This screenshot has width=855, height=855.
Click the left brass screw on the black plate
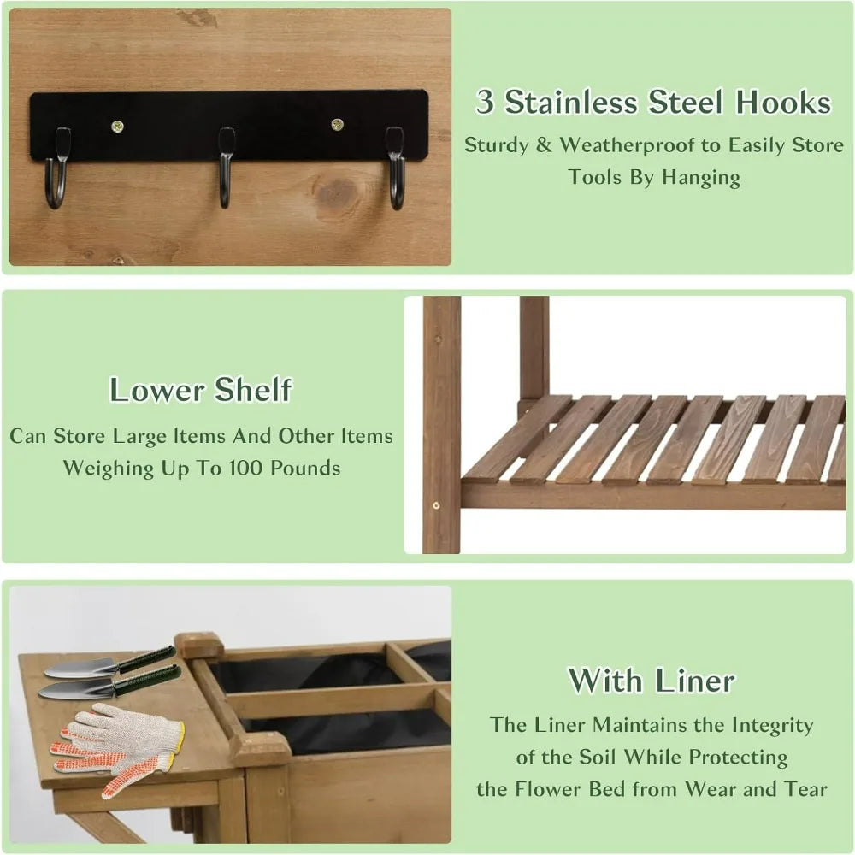(x=117, y=127)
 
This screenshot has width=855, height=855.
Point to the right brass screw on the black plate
(x=337, y=125)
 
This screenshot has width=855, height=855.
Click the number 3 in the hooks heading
(x=486, y=103)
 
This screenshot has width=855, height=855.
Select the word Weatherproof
(x=628, y=144)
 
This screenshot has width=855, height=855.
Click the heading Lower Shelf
(x=200, y=390)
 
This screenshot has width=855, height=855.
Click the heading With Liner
(x=652, y=681)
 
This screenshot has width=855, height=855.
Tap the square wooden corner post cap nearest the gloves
(x=261, y=748)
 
